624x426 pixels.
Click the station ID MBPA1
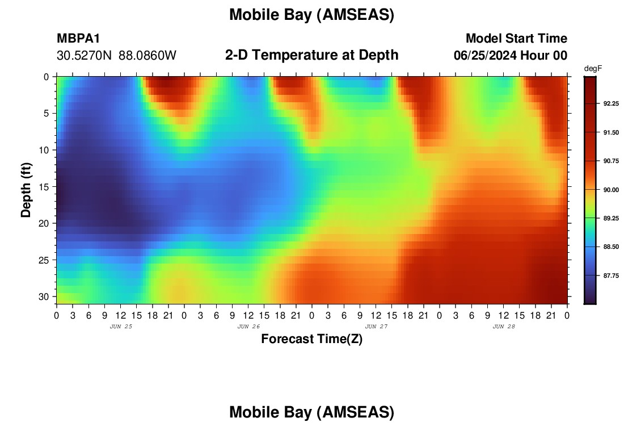[x=78, y=38]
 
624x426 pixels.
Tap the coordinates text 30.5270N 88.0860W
[x=116, y=56]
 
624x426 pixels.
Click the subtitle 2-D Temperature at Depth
[x=311, y=55]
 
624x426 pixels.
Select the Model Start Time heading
[x=516, y=38]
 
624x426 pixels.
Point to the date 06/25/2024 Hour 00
[x=510, y=56]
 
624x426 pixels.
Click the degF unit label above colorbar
[x=593, y=69]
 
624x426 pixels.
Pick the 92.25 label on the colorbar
[x=611, y=103]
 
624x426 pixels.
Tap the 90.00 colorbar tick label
[x=611, y=190]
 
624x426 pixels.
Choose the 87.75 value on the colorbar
[x=611, y=276]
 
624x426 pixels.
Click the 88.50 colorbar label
[x=611, y=247]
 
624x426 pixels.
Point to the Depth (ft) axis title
[x=26, y=190]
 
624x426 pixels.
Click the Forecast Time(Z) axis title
[x=311, y=339]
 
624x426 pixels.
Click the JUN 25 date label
[x=121, y=327]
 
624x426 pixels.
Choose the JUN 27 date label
[x=376, y=327]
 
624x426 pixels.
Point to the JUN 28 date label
[x=504, y=327]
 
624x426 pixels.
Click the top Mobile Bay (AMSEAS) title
[x=311, y=15]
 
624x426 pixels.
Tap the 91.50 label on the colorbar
[x=611, y=132]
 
